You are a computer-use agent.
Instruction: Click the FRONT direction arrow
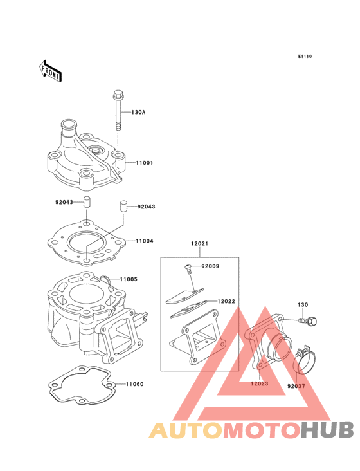50,71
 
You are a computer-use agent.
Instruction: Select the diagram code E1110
305,56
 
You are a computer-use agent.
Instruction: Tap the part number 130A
138,113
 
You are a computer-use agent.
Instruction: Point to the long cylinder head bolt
118,109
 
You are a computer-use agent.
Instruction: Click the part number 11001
144,163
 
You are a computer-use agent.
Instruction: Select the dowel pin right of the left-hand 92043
86,201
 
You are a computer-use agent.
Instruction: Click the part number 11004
144,241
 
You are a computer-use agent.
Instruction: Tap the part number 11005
129,279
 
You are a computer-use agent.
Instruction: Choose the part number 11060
135,384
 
